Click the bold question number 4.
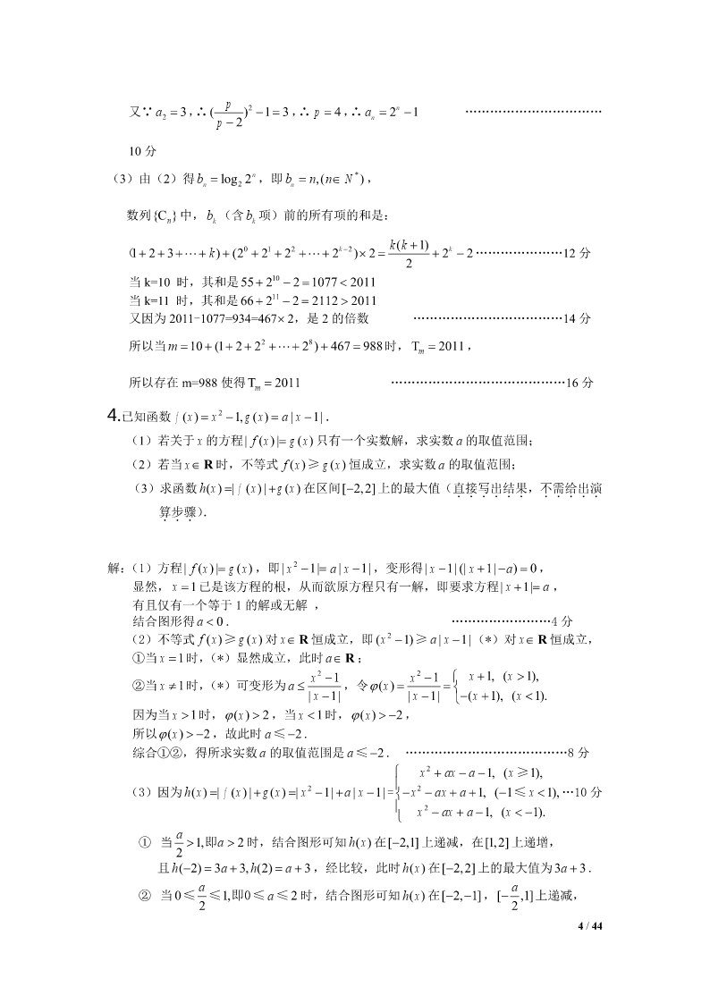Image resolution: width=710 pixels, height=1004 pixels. (x=113, y=414)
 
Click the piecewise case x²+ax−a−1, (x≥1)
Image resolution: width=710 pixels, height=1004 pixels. (x=481, y=772)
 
